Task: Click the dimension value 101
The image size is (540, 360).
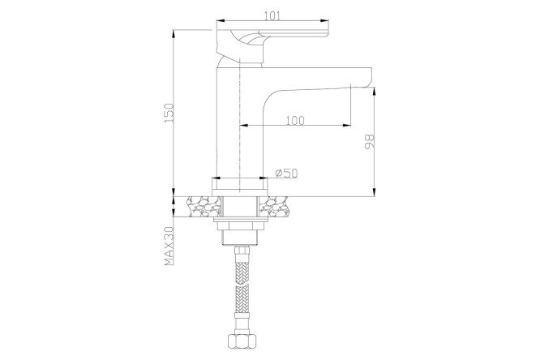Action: click(272, 16)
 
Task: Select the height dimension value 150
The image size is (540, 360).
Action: click(169, 113)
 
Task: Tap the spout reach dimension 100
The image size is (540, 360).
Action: click(295, 120)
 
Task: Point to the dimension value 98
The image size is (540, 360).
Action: click(369, 142)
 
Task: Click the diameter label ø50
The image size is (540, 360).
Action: click(286, 173)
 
